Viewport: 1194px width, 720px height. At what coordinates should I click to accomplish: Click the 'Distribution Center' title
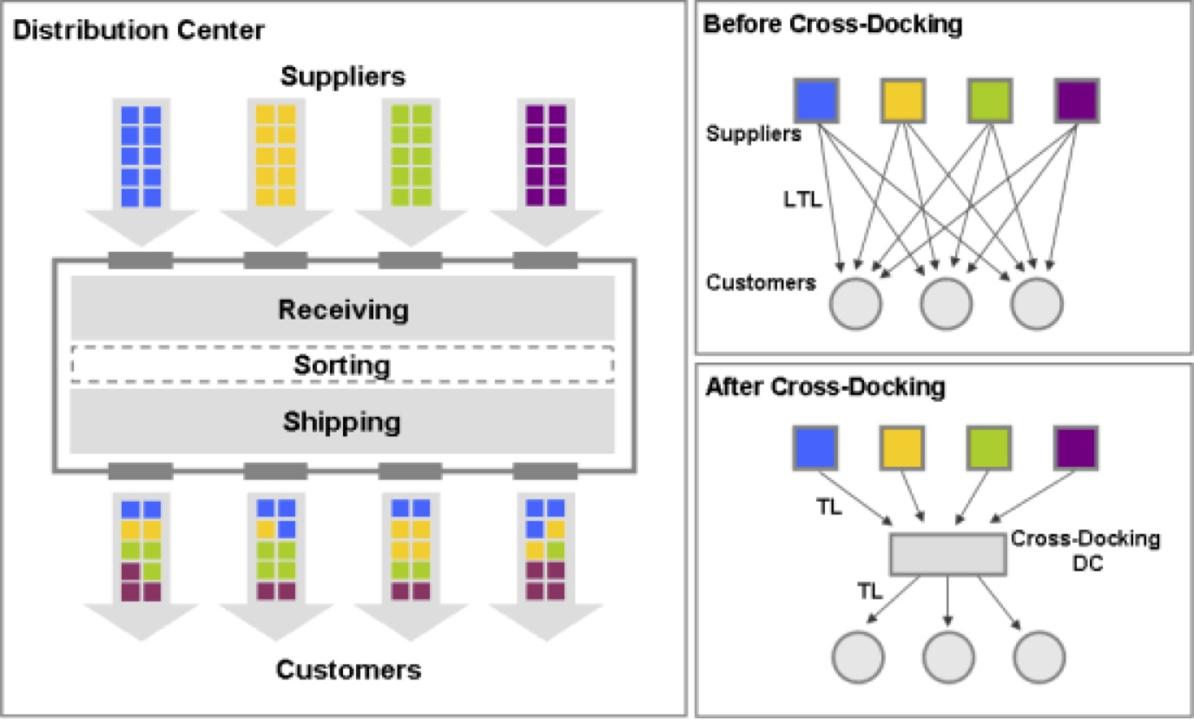pyautogui.click(x=138, y=30)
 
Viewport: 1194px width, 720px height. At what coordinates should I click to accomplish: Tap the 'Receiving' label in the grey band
pyautogui.click(x=343, y=308)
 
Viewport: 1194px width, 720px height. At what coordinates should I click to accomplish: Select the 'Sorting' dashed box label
pyautogui.click(x=342, y=365)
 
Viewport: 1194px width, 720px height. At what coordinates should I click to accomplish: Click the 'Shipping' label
pyautogui.click(x=342, y=422)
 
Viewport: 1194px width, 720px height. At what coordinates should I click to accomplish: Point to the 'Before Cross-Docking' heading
pyautogui.click(x=833, y=24)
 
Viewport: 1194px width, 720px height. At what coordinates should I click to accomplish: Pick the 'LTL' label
pyautogui.click(x=799, y=201)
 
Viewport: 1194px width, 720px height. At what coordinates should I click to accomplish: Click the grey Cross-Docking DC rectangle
pyautogui.click(x=947, y=554)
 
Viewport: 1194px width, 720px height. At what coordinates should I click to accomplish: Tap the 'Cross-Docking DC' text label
pyautogui.click(x=1085, y=550)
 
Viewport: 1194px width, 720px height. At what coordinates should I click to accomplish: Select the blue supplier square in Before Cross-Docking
pyautogui.click(x=816, y=100)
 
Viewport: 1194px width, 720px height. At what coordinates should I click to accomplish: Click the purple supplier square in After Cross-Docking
pyautogui.click(x=1077, y=447)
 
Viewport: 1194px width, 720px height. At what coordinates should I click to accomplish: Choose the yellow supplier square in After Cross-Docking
pyautogui.click(x=903, y=447)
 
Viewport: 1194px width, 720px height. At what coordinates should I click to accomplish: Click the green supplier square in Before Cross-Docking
pyautogui.click(x=990, y=100)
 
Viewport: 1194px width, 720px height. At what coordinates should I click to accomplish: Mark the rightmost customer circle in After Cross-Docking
pyautogui.click(x=1039, y=657)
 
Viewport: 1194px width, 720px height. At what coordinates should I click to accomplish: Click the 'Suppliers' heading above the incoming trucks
pyautogui.click(x=342, y=76)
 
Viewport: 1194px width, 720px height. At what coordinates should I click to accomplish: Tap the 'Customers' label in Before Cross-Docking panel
pyautogui.click(x=761, y=283)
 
